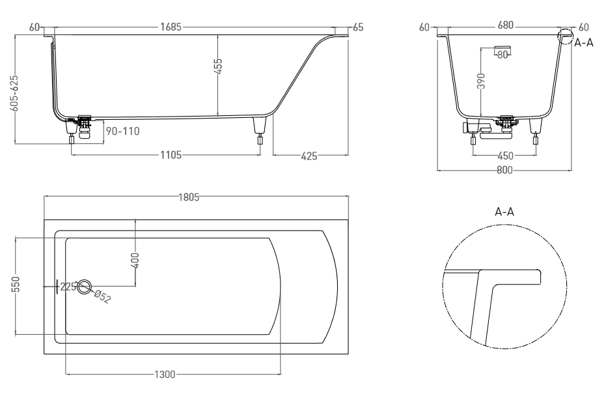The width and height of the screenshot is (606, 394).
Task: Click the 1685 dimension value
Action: (x=171, y=27)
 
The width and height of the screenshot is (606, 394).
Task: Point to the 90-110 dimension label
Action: (x=122, y=131)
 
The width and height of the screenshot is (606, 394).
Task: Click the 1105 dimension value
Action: (x=170, y=155)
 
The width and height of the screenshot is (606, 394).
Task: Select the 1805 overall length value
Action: (x=189, y=197)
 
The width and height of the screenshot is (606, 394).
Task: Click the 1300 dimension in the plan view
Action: (x=165, y=374)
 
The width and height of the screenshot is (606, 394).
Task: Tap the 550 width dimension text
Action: (x=16, y=285)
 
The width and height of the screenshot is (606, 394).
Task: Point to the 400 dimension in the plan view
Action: (x=135, y=259)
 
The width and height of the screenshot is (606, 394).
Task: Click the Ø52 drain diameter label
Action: (x=102, y=296)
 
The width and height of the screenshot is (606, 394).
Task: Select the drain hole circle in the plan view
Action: (x=84, y=287)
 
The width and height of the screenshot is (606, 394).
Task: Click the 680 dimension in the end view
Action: (x=505, y=26)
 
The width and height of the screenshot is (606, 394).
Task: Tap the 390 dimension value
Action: (x=481, y=81)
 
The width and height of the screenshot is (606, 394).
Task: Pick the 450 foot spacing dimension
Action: (x=505, y=156)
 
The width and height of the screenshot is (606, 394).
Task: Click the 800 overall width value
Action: (x=504, y=171)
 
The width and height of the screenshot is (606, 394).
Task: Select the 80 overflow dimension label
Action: (x=502, y=55)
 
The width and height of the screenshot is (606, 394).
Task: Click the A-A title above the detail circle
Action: (x=504, y=212)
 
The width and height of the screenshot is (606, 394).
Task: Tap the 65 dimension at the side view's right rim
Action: (x=357, y=27)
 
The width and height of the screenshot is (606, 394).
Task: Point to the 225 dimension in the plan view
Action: (x=68, y=287)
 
